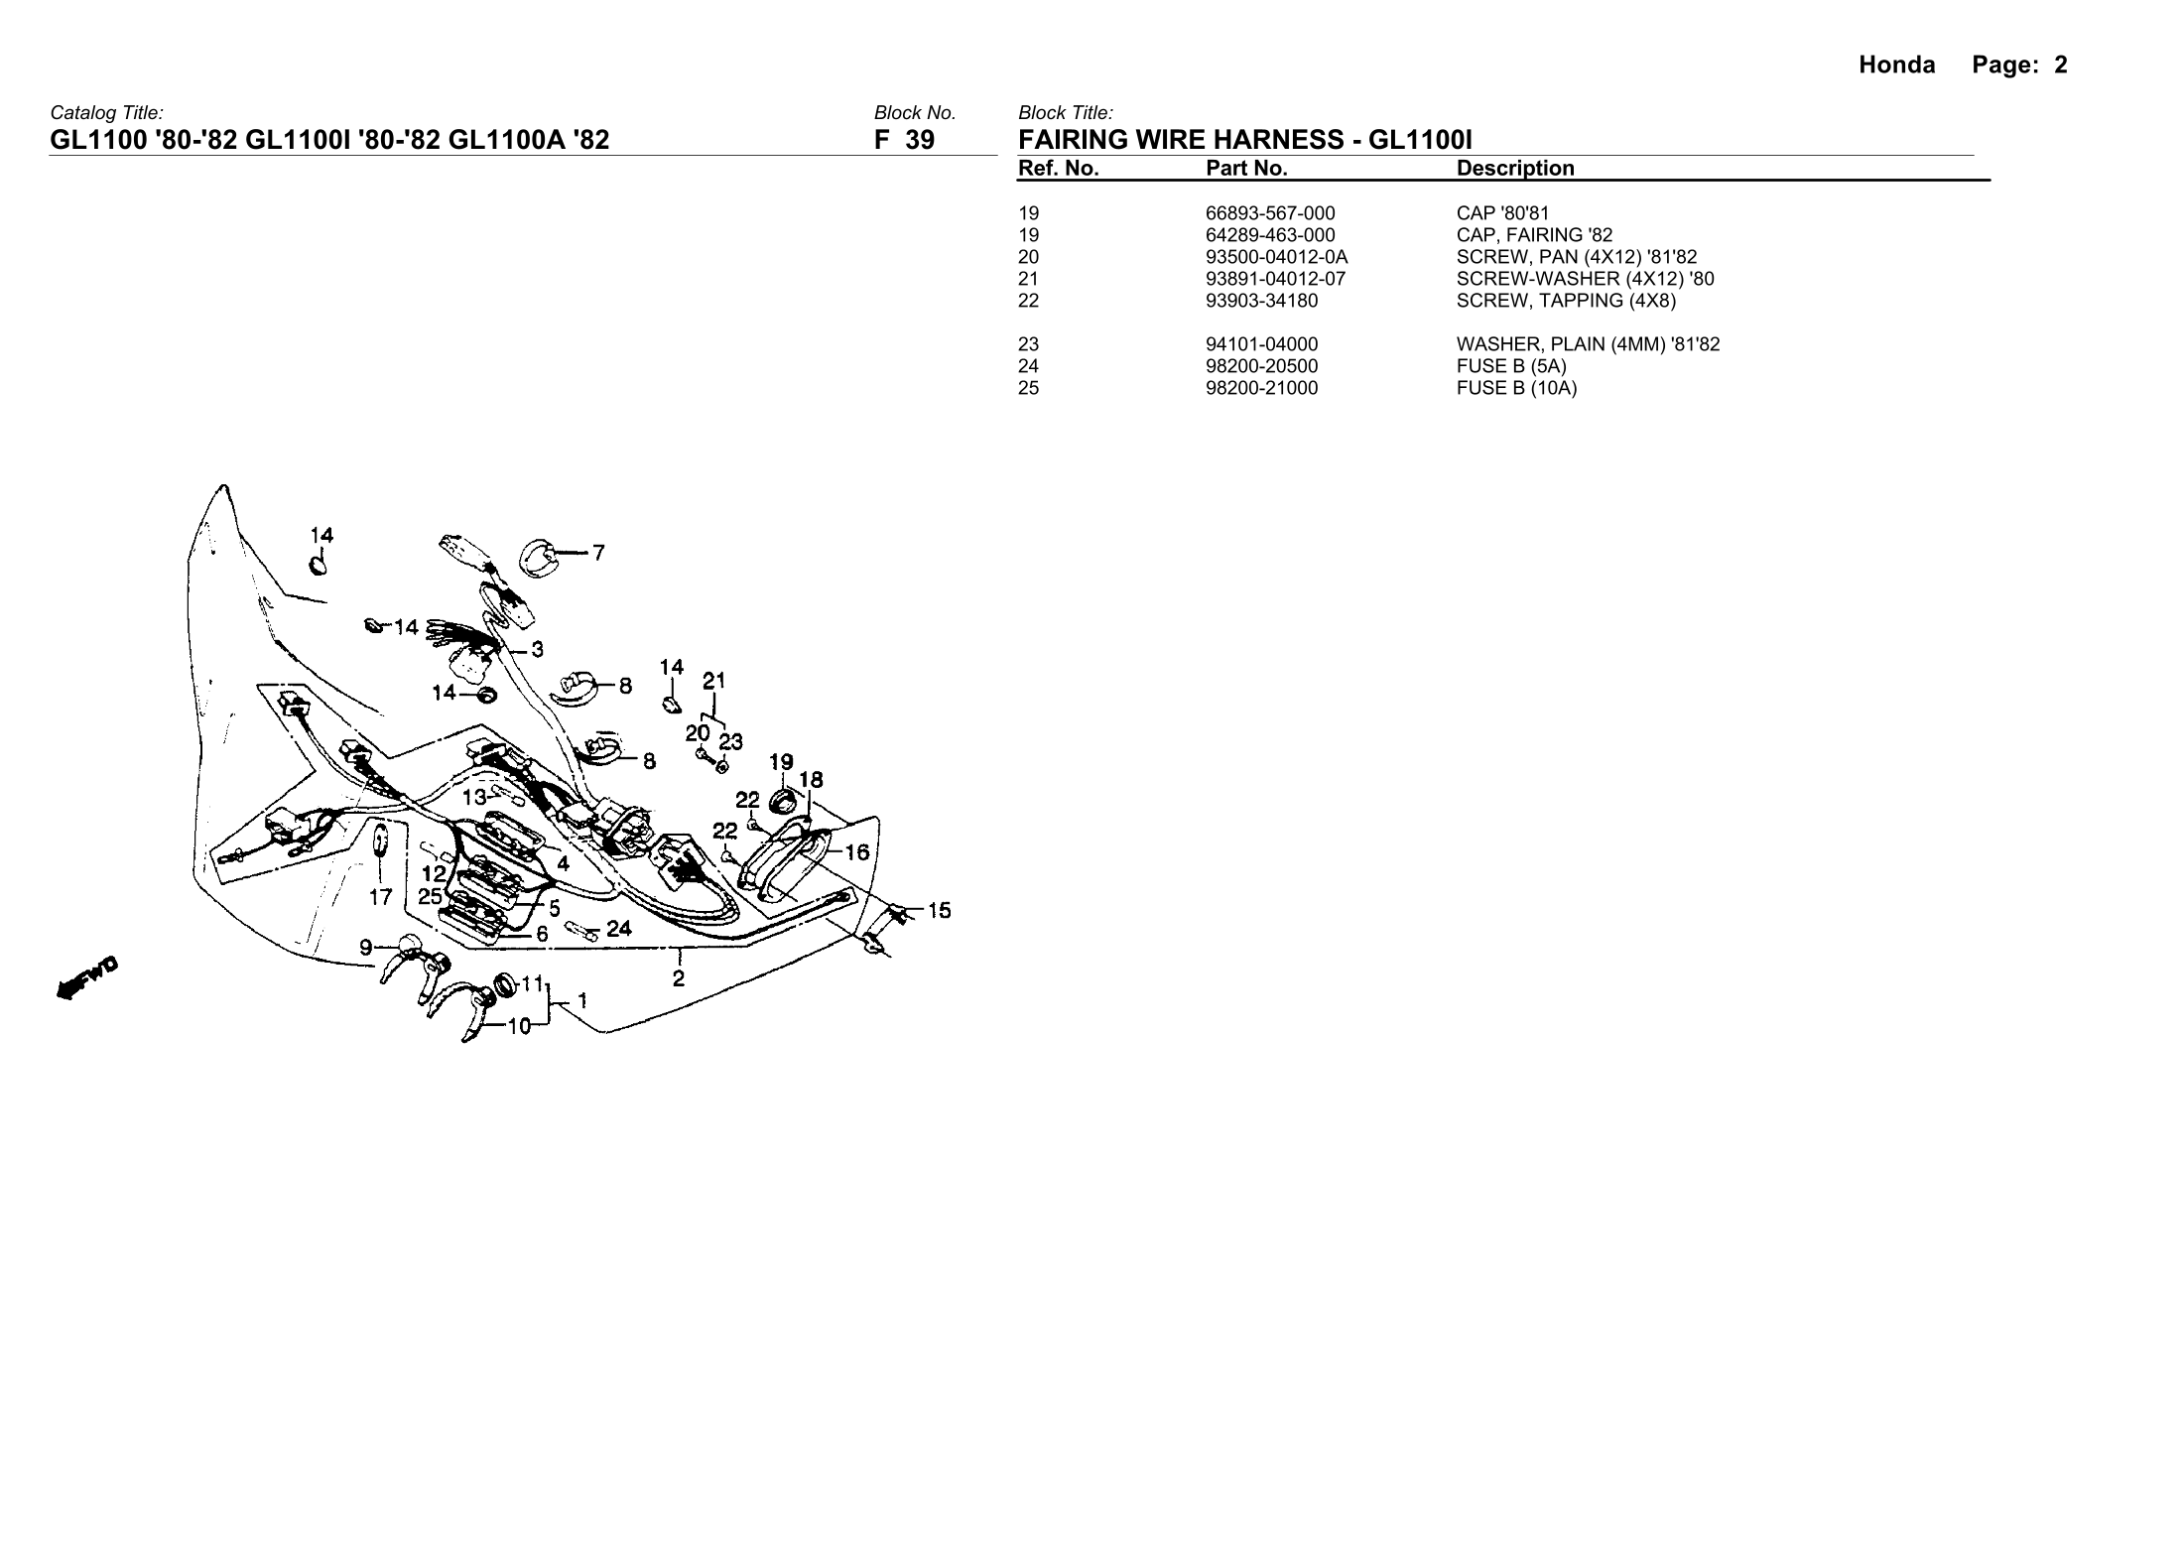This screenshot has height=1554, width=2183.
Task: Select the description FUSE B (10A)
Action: [x=1516, y=388]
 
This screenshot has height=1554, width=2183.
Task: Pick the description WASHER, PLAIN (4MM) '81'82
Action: [x=1588, y=344]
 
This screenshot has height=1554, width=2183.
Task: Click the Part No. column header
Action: [x=1246, y=169]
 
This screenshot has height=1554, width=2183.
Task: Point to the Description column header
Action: [x=1515, y=169]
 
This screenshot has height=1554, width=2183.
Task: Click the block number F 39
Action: [x=904, y=140]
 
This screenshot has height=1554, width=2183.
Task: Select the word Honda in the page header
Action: [x=1896, y=65]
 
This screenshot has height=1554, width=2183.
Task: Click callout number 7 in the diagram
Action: [x=598, y=553]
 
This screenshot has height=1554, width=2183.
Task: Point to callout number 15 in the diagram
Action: [x=939, y=909]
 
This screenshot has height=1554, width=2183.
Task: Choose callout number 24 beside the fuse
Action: [x=619, y=929]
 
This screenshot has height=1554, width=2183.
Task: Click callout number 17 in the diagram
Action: [x=380, y=897]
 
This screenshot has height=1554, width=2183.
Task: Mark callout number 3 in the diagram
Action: [x=537, y=650]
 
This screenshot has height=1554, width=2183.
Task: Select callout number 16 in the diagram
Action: [x=856, y=851]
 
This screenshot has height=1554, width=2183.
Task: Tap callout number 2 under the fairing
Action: [x=679, y=978]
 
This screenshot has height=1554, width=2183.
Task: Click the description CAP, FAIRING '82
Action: [x=1534, y=235]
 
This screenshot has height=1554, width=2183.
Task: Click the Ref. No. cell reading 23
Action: [x=1028, y=344]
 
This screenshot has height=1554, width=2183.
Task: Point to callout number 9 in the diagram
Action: [x=366, y=947]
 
